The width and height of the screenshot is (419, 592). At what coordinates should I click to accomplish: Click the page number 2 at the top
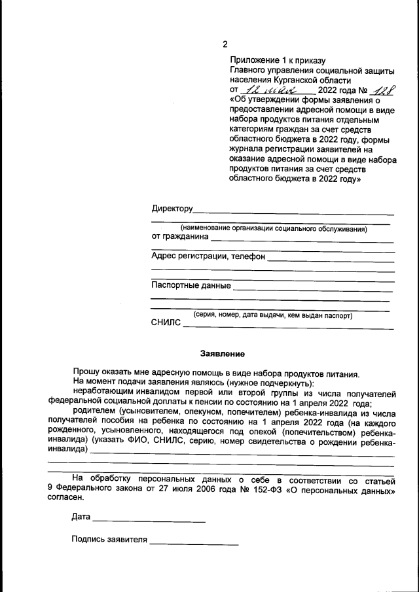[x=225, y=44]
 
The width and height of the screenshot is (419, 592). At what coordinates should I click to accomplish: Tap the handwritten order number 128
[x=380, y=90]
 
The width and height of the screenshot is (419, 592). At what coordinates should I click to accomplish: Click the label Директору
[x=172, y=209]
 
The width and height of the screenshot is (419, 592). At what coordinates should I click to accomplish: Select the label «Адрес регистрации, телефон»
[x=208, y=256]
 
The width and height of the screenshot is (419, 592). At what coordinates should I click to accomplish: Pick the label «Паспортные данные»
[x=191, y=285]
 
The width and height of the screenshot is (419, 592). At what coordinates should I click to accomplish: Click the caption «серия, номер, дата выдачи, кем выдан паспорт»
[x=272, y=315]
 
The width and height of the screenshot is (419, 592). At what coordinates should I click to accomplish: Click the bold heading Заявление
[x=218, y=354]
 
